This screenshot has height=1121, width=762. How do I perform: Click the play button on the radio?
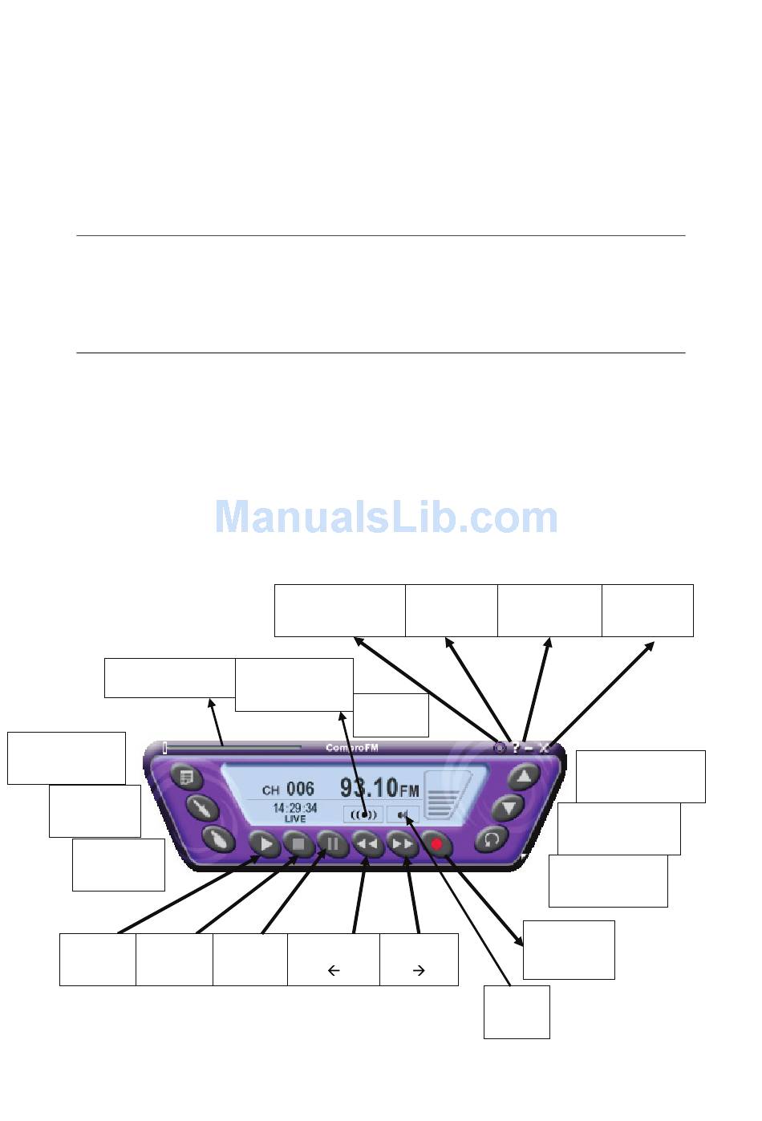click(x=265, y=844)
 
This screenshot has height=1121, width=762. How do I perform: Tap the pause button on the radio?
click(x=332, y=844)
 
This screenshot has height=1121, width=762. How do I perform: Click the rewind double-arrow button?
click(x=367, y=844)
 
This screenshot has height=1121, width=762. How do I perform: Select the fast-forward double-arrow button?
click(x=402, y=844)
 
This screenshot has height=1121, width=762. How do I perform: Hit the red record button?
click(x=437, y=844)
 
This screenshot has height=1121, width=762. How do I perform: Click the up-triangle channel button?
click(x=524, y=777)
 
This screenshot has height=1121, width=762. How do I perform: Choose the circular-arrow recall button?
click(x=491, y=839)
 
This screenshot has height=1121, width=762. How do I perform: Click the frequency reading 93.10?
click(x=368, y=787)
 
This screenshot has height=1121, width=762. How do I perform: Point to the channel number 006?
click(x=301, y=790)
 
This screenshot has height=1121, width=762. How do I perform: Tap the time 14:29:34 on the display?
click(x=294, y=808)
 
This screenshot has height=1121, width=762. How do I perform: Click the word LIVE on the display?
click(x=294, y=819)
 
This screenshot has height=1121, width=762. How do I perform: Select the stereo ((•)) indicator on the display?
click(x=363, y=814)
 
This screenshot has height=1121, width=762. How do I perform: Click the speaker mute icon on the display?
click(x=403, y=815)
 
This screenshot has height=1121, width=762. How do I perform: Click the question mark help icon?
click(x=516, y=748)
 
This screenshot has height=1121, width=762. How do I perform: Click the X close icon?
click(x=544, y=748)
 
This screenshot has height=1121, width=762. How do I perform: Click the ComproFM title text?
click(x=351, y=748)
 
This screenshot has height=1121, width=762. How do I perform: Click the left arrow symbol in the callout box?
click(x=334, y=970)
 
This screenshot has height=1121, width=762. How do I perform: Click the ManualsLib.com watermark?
click(x=386, y=518)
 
